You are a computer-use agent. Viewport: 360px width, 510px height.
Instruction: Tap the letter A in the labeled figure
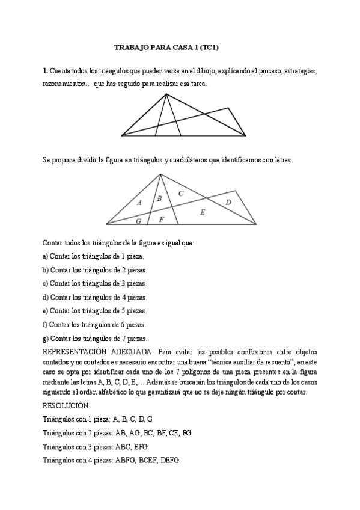coord(139,203)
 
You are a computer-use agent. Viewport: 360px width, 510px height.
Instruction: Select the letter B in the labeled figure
coord(159,198)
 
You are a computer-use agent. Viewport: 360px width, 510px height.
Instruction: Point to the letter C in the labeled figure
coord(181,193)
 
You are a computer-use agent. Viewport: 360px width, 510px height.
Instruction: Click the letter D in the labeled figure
coord(228,203)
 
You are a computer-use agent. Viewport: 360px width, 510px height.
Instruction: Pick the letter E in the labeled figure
coord(202,212)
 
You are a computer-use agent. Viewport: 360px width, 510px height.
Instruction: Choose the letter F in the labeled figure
coord(161,219)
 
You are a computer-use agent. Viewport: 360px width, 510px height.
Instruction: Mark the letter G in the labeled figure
coord(139,221)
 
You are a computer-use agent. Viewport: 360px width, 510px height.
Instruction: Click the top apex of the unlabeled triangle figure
coord(166,94)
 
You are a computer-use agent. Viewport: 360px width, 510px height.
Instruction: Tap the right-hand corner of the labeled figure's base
coord(257,224)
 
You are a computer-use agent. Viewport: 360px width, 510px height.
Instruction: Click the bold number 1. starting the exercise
coord(45,71)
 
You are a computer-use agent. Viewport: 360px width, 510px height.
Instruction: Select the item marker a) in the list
coord(46,256)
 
